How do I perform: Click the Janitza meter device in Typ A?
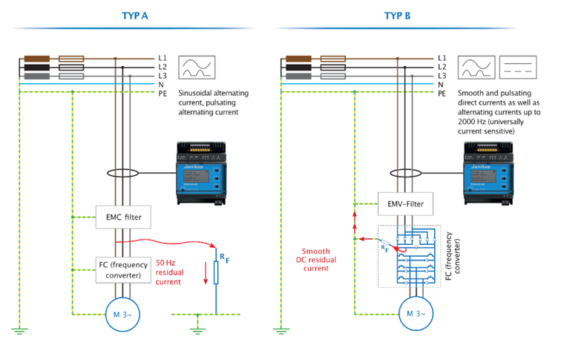[x=199, y=174]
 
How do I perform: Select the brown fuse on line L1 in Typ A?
[x=37, y=58]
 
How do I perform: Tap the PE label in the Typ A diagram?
[x=162, y=94]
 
